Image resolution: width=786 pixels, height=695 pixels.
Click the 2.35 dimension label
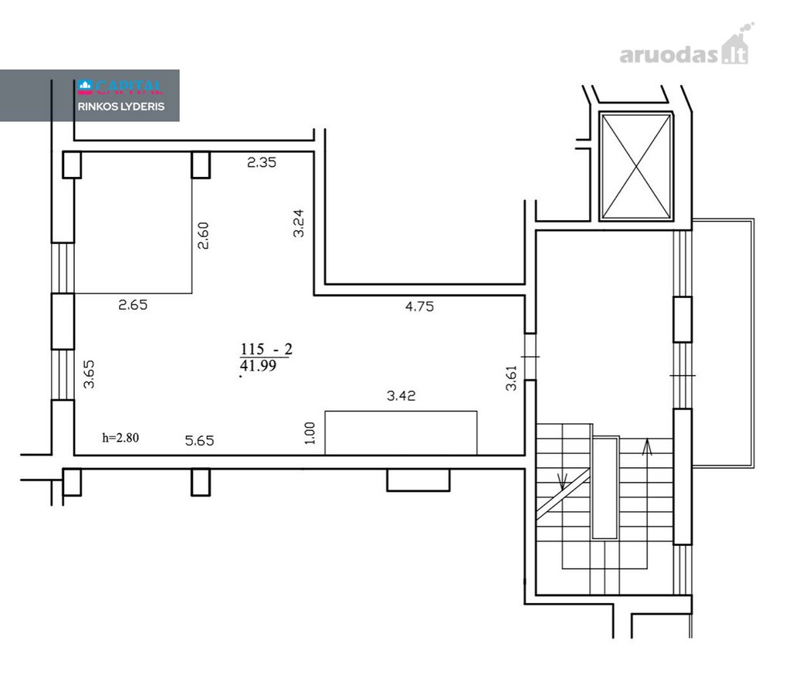(262, 162)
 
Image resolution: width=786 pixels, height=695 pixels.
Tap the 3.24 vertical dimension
(298, 223)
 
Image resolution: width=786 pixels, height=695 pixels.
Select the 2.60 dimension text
(203, 236)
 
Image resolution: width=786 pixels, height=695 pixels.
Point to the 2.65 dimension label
(133, 305)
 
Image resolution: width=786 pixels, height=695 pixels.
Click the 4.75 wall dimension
(419, 307)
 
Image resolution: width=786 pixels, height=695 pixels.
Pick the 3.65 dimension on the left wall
(89, 374)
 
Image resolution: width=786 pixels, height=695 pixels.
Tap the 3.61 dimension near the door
(511, 378)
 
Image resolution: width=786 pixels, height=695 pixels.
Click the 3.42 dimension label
(401, 395)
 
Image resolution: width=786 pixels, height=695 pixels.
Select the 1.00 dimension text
(310, 433)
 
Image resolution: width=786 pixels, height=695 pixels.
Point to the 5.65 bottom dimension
(199, 441)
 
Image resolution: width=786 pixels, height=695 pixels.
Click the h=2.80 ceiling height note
(120, 438)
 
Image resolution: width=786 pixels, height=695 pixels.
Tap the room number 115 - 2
(266, 349)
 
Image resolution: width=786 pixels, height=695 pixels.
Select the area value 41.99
(258, 365)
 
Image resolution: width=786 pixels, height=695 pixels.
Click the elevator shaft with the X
(636, 167)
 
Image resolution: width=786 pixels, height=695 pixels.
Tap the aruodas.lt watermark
(685, 49)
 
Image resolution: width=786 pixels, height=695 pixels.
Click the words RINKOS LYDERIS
(120, 107)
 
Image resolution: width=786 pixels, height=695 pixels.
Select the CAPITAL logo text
(120, 88)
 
